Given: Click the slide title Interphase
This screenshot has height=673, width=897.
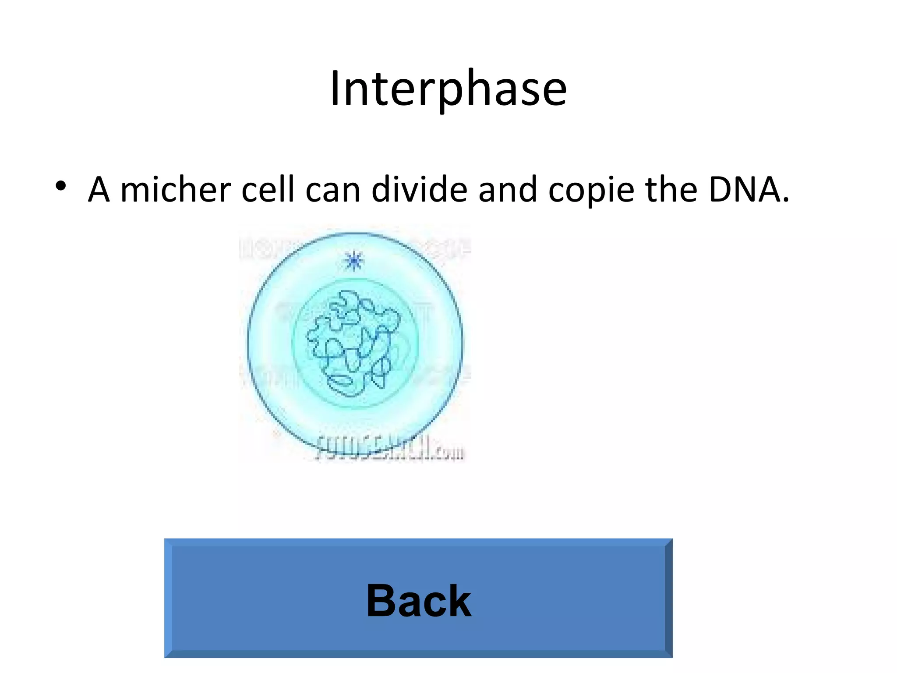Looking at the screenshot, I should point(448,89).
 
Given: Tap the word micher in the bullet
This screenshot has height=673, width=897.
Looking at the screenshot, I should point(175,190).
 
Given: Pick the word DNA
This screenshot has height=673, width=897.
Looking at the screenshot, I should point(744,190).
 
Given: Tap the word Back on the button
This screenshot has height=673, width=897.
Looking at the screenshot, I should point(419,601).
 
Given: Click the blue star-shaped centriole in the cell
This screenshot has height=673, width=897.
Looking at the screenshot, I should point(353,261).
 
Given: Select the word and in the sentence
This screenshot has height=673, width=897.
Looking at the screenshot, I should point(508,190).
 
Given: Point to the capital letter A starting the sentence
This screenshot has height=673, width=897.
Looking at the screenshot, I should point(99,190).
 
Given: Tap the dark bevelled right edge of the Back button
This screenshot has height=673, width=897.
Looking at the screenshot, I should point(668,598).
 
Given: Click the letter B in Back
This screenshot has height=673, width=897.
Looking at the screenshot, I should point(381,601).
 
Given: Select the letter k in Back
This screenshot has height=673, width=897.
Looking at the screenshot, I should point(459,601).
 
